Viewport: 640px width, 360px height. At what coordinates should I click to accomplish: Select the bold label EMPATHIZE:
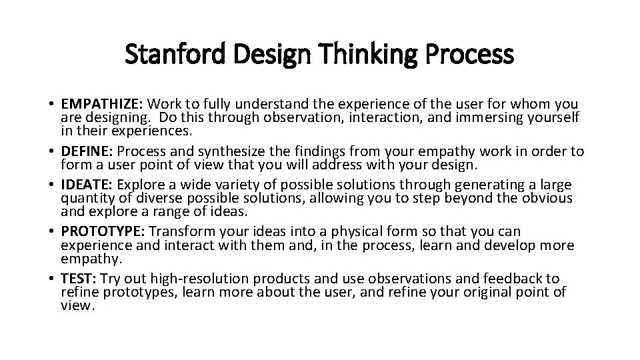102,104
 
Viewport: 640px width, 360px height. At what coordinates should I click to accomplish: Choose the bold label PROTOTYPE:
103,231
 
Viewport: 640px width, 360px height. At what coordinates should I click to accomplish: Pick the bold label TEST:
79,278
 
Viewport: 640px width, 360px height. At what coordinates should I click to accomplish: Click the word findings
328,151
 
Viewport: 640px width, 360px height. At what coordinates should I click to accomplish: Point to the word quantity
86,199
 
